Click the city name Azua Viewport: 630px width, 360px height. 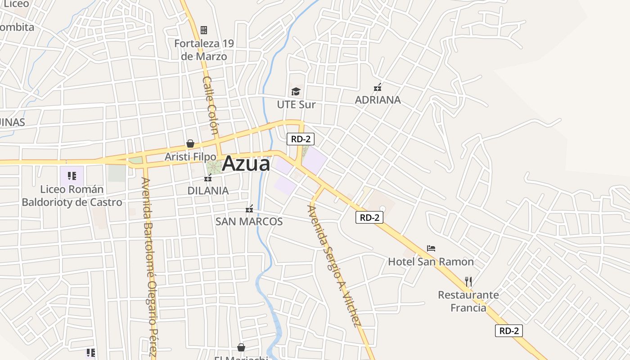(x=246, y=163)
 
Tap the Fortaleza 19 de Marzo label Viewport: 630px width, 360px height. (x=204, y=50)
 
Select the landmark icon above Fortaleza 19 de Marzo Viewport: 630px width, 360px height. (x=204, y=30)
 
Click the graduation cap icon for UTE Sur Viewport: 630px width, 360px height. (x=296, y=92)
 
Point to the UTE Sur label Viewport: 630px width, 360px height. (x=296, y=104)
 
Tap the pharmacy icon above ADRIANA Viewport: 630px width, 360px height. (x=378, y=87)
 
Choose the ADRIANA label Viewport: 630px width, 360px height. (x=378, y=99)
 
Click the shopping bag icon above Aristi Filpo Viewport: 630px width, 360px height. (x=190, y=144)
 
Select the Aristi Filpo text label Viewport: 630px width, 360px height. (x=190, y=157)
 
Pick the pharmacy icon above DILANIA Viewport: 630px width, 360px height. (x=208, y=178)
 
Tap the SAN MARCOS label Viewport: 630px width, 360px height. (x=249, y=221)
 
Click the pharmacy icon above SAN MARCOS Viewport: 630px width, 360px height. (x=249, y=209)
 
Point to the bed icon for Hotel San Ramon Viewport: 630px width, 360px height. (x=431, y=248)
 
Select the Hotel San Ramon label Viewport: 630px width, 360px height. (x=431, y=261)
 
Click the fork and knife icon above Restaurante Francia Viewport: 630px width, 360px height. (x=468, y=282)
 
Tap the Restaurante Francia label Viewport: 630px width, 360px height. (x=468, y=301)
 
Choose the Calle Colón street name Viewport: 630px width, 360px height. (x=211, y=106)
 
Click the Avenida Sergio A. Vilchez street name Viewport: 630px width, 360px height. (x=334, y=265)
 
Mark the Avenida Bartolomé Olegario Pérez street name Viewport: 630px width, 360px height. (x=150, y=265)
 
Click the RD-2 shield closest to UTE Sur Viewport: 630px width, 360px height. (x=300, y=139)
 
